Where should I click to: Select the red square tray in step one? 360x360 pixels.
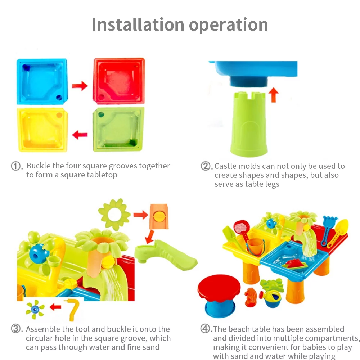pyautogui.click(x=119, y=81)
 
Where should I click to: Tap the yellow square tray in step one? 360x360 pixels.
pyautogui.click(x=42, y=130)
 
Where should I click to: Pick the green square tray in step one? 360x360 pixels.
pyautogui.click(x=118, y=130)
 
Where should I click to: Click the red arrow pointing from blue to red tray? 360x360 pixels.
pyautogui.click(x=80, y=86)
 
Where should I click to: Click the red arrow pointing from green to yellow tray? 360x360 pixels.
pyautogui.click(x=80, y=135)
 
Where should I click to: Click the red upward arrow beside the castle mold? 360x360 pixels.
pyautogui.click(x=274, y=95)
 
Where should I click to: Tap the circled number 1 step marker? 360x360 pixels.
pyautogui.click(x=16, y=166)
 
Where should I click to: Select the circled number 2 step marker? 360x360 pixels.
pyautogui.click(x=205, y=166)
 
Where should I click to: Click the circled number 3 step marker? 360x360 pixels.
pyautogui.click(x=16, y=329)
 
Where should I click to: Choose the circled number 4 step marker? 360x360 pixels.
pyautogui.click(x=205, y=329)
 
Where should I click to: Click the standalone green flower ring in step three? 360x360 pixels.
pyautogui.click(x=114, y=215)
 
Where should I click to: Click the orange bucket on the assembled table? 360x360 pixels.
pyautogui.click(x=255, y=247)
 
